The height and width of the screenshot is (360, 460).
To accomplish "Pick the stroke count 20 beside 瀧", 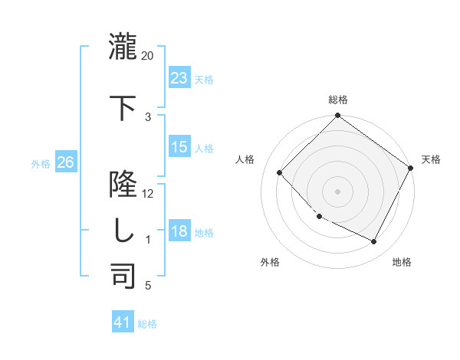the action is tap(148, 56).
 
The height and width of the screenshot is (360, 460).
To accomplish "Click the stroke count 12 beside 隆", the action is tap(148, 194).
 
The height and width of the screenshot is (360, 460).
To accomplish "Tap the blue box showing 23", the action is tap(179, 78).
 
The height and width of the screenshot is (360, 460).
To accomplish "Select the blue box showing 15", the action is tap(179, 147).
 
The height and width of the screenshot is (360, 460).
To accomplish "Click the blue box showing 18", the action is tap(179, 231).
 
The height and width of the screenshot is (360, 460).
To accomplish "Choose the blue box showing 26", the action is tap(66, 162).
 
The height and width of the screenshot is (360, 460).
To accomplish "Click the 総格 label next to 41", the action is tap(147, 324).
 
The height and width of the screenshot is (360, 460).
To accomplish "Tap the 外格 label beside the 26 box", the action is tap(41, 163).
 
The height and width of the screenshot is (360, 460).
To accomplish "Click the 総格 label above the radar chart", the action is tap(337, 100).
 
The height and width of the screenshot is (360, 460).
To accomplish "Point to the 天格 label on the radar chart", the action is tap(431, 159).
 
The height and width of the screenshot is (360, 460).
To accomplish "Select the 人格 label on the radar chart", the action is tap(245, 159).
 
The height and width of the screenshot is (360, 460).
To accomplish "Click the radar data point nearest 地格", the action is tap(374, 242).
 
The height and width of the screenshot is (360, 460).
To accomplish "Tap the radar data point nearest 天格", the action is tap(412, 167).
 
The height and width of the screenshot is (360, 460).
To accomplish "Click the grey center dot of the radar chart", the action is tap(337, 191).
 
